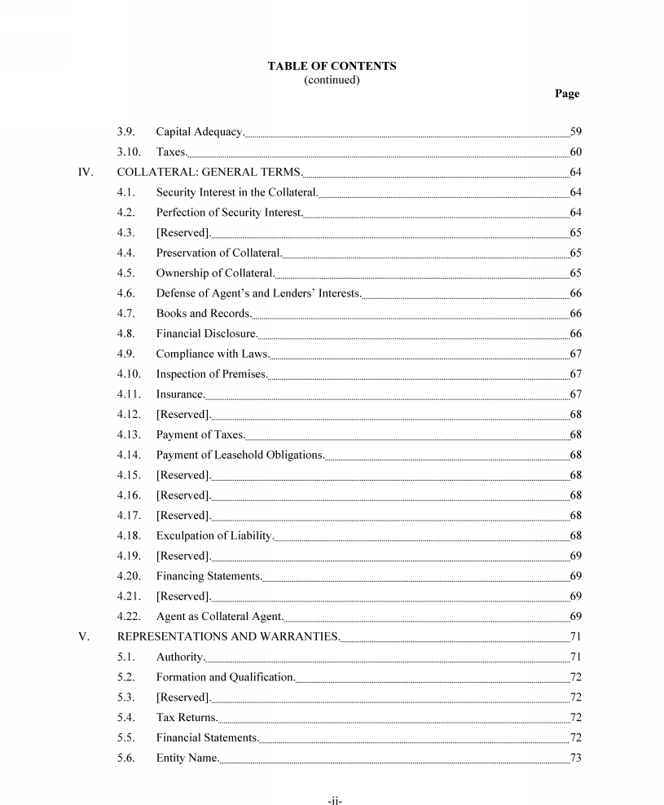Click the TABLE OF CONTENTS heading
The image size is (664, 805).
332,66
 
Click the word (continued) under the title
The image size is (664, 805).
332,80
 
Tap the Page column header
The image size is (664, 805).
566,94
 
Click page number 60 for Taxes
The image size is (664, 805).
575,152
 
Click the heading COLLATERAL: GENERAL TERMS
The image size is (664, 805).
209,172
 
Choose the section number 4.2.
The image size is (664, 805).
125,213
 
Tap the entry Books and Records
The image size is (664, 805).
204,313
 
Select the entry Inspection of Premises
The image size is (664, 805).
212,374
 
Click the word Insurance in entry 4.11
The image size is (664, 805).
180,394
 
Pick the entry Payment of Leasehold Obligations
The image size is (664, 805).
240,455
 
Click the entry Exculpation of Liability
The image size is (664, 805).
215,535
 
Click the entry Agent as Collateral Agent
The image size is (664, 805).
220,616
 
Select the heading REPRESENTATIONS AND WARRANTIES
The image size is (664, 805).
228,636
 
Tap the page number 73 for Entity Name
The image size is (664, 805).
575,758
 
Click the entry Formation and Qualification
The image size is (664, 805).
226,677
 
